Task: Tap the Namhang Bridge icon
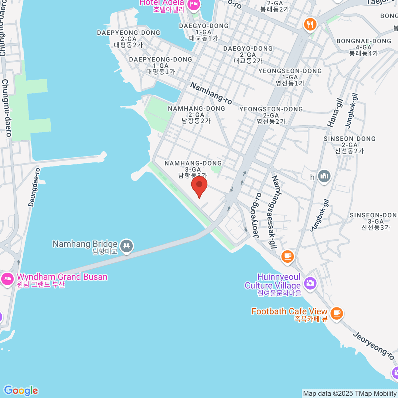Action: click(126, 246)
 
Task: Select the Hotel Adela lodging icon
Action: click(193, 4)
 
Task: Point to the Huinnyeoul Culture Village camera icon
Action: click(310, 283)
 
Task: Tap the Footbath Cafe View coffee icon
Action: click(337, 313)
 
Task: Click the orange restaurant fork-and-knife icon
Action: click(310, 24)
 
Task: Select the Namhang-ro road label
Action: click(211, 93)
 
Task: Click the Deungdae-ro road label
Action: click(34, 187)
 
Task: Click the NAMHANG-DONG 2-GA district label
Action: click(196, 115)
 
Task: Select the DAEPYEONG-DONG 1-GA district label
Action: click(161, 66)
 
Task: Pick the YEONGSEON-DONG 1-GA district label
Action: click(290, 77)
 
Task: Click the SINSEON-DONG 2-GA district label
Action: click(350, 145)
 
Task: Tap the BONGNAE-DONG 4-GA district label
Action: click(364, 47)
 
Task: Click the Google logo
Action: click(21, 390)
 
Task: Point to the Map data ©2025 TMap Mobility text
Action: click(350, 394)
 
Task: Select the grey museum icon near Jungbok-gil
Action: click(324, 176)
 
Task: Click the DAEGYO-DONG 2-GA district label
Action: click(248, 55)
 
